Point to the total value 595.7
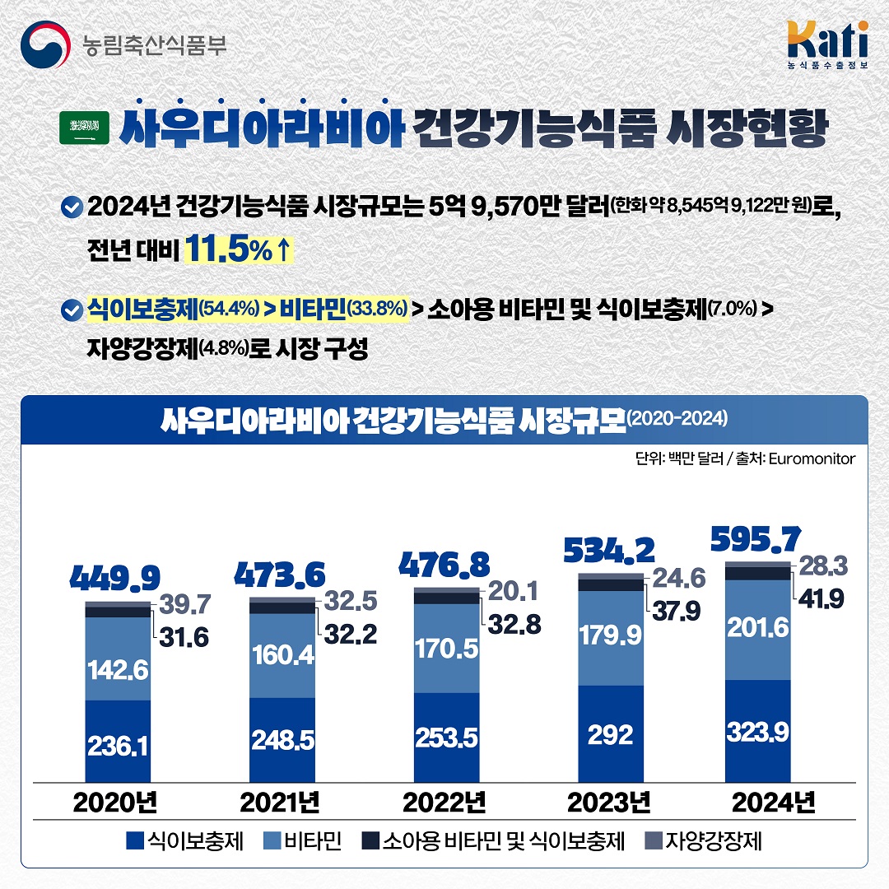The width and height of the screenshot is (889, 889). click(755, 541)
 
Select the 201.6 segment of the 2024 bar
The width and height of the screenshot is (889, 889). click(757, 629)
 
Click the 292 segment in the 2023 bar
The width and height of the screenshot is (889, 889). click(611, 733)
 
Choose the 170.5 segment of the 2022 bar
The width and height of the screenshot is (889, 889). click(447, 649)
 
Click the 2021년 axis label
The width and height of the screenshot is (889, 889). click(280, 802)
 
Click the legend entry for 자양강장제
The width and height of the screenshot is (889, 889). click(704, 841)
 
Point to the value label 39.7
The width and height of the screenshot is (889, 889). click(182, 605)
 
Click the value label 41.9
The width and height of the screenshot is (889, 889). click(819, 599)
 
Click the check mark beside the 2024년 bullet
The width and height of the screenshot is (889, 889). click(72, 207)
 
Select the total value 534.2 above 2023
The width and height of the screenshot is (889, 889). click(610, 550)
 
